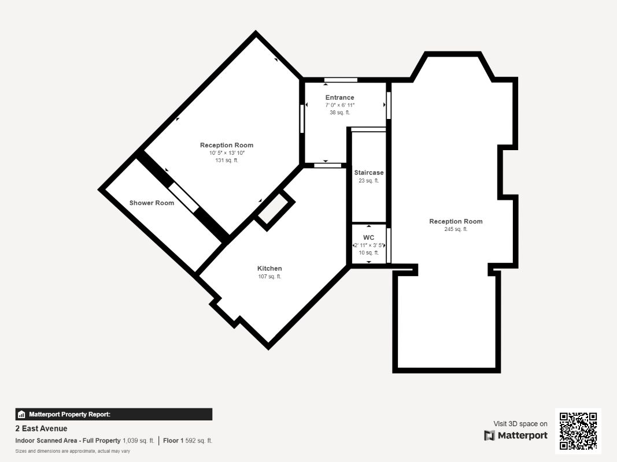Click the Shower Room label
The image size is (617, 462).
pos(152,203)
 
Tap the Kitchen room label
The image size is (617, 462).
pos(269,269)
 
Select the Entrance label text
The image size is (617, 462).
pos(339,98)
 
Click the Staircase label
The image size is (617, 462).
pos(369,173)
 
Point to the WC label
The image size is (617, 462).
pos(369,237)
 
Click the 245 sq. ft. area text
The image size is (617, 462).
pos(456,229)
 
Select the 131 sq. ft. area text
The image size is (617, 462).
pos(227,161)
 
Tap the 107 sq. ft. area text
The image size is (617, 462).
pos(269,277)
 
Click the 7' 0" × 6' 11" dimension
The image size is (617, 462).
pos(339,105)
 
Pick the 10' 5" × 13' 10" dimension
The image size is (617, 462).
pos(227,153)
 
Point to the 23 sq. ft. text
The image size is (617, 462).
pos(369,181)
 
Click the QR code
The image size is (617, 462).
pos(578,431)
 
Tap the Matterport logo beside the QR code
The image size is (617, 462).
pos(516,435)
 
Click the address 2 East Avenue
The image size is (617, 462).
pos(41,429)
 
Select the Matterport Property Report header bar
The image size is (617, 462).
pos(113,414)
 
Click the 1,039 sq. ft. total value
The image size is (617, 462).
pos(138,441)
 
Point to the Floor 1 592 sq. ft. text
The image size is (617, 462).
pos(188,441)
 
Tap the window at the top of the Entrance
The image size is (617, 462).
pos(340,80)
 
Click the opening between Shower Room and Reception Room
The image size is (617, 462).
pos(184,198)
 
